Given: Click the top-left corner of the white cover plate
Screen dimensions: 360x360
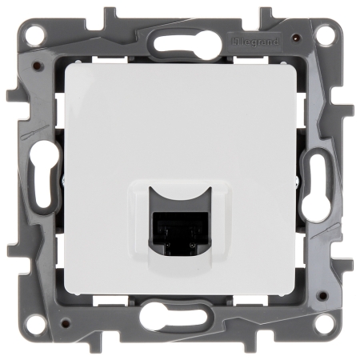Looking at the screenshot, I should tap(64, 64).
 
